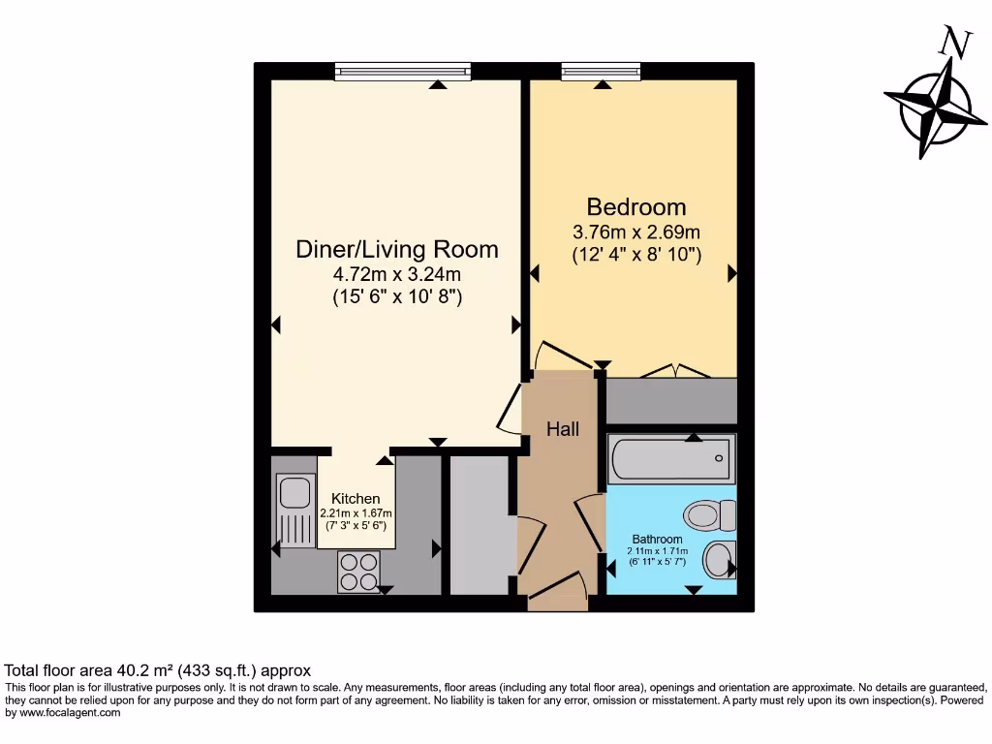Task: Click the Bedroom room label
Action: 636,206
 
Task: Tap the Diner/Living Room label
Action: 396,249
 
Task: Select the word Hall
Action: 562,428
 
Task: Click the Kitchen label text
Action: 356,499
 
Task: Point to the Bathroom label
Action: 658,539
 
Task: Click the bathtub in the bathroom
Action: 671,459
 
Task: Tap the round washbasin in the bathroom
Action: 718,559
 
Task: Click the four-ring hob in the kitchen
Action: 357,571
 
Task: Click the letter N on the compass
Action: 956,43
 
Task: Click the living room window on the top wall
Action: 403,71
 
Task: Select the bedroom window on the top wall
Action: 594,71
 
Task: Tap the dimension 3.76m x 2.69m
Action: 636,232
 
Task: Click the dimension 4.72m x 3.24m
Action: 396,275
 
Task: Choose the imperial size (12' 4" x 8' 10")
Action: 636,255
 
